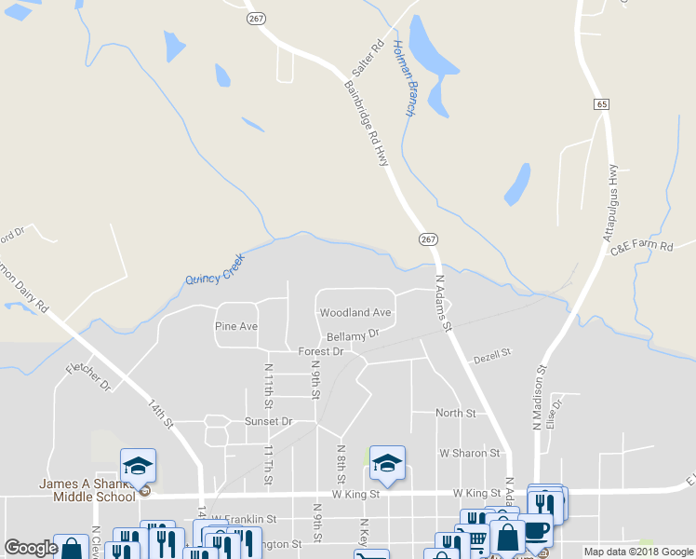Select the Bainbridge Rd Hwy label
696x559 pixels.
pyautogui.click(x=366, y=124)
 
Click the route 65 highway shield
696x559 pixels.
pyautogui.click(x=603, y=104)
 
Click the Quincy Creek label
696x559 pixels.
pyautogui.click(x=214, y=268)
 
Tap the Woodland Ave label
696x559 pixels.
pyautogui.click(x=355, y=313)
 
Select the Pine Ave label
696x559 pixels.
pyautogui.click(x=235, y=326)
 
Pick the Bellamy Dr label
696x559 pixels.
pyautogui.click(x=353, y=334)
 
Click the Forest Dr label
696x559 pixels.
pyautogui.click(x=321, y=351)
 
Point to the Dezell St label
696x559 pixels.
pyautogui.click(x=491, y=354)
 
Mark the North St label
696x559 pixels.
pyautogui.click(x=456, y=413)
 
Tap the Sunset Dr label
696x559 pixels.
pyautogui.click(x=268, y=421)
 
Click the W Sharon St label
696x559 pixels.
pyautogui.click(x=470, y=454)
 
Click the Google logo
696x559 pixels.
pyautogui.click(x=31, y=549)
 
